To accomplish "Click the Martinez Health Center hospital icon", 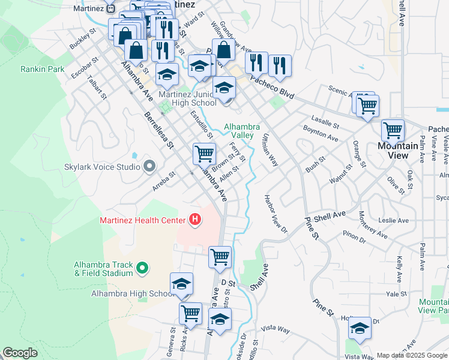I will (194, 220).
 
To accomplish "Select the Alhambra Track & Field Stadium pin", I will (142, 268).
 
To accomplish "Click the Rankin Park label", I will (42, 69).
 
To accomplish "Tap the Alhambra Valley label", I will (242, 131).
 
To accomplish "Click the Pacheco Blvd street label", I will (273, 87).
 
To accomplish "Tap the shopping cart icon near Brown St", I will (205, 154).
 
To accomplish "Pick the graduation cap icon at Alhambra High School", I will (181, 284).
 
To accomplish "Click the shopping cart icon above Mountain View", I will (393, 130).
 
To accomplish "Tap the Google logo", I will (20, 353).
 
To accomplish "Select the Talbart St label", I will (97, 86).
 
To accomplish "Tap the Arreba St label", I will (163, 181).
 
